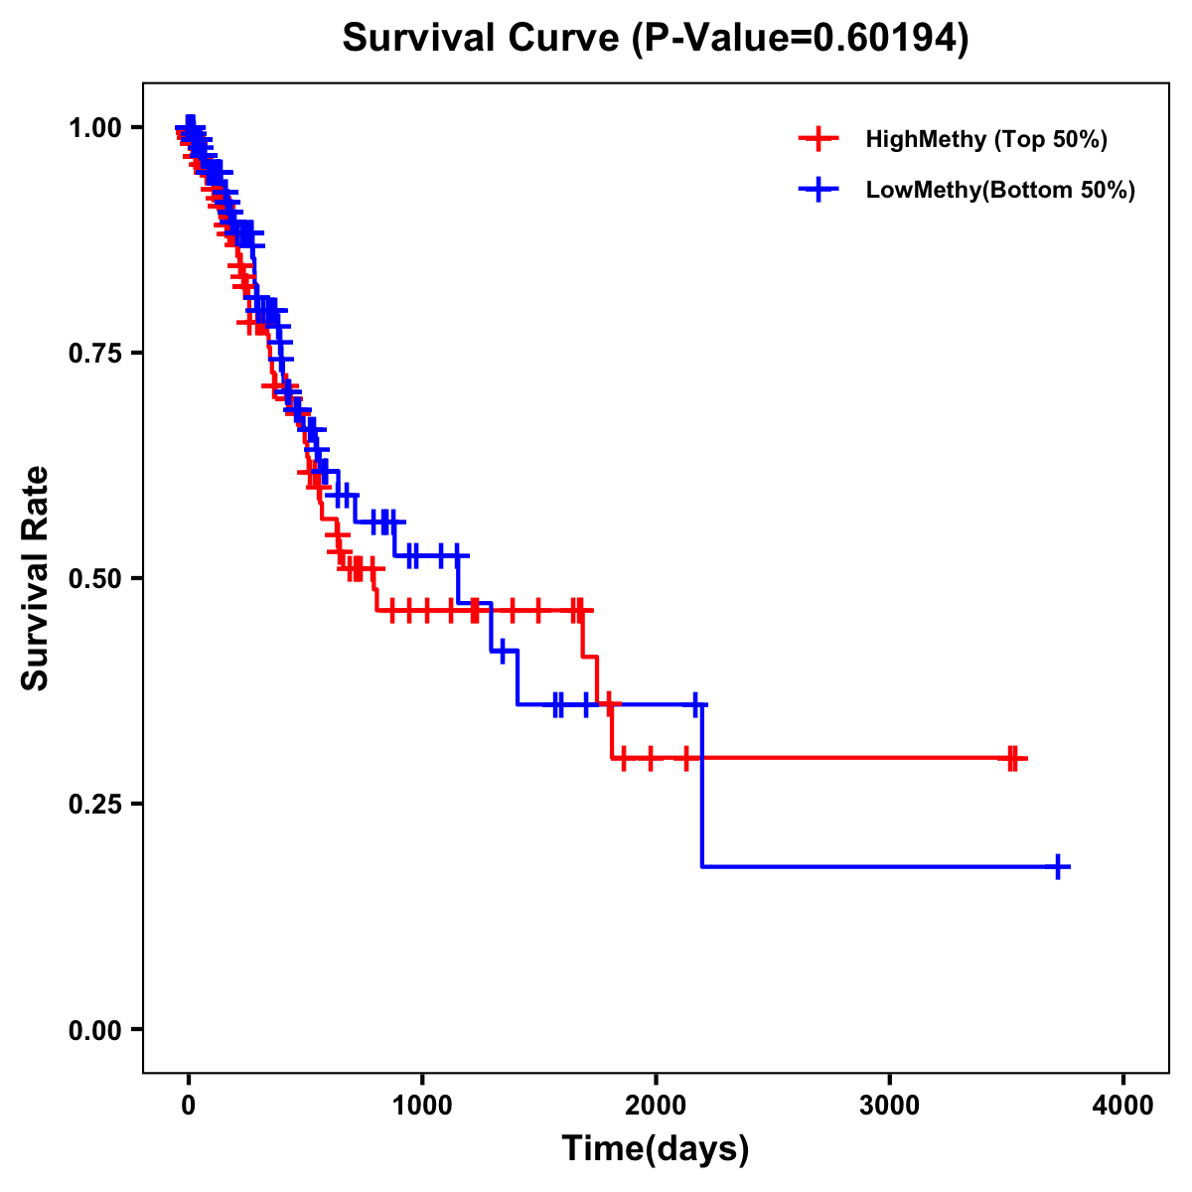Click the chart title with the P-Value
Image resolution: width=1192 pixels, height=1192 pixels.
(x=656, y=38)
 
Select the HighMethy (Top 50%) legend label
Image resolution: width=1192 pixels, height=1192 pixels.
(x=986, y=139)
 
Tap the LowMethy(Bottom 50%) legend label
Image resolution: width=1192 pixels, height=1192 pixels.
(x=1000, y=190)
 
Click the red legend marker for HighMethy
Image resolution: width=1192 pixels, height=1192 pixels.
(x=819, y=139)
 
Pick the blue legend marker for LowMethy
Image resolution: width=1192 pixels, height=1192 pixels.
(x=819, y=190)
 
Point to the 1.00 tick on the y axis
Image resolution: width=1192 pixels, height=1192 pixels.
(x=94, y=127)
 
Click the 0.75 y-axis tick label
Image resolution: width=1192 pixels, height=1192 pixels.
(x=94, y=353)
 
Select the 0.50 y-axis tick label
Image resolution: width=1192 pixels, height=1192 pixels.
(x=94, y=578)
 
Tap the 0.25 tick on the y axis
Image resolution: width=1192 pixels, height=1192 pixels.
(x=94, y=804)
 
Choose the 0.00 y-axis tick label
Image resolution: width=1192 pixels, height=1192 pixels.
(x=94, y=1030)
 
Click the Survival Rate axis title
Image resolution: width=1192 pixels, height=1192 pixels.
(x=36, y=578)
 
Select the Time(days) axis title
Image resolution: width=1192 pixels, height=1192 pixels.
(x=656, y=1149)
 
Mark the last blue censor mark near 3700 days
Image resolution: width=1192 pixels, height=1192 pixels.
(x=1059, y=867)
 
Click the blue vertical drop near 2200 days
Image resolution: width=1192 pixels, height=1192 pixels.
(x=702, y=785)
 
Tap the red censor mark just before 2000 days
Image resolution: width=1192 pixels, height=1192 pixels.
(x=650, y=758)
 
